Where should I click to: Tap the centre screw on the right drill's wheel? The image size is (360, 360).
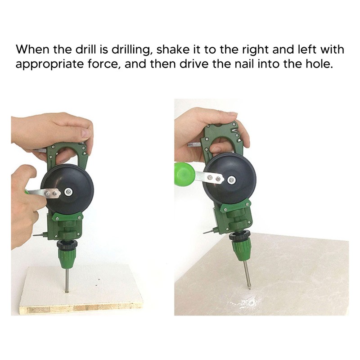coord(231,180)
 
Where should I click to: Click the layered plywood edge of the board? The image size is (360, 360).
coord(81,309)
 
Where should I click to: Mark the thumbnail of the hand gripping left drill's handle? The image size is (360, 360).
coord(86,133)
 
